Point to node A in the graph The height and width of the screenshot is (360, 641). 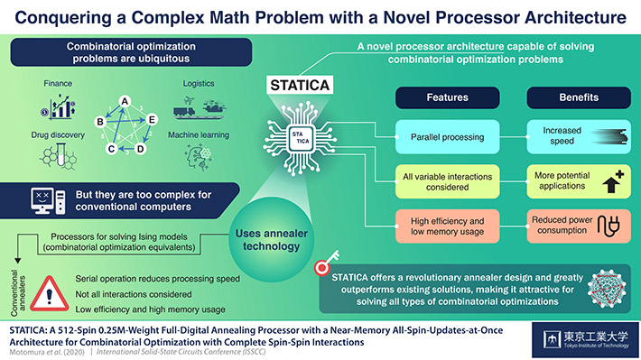pos(124,101)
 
